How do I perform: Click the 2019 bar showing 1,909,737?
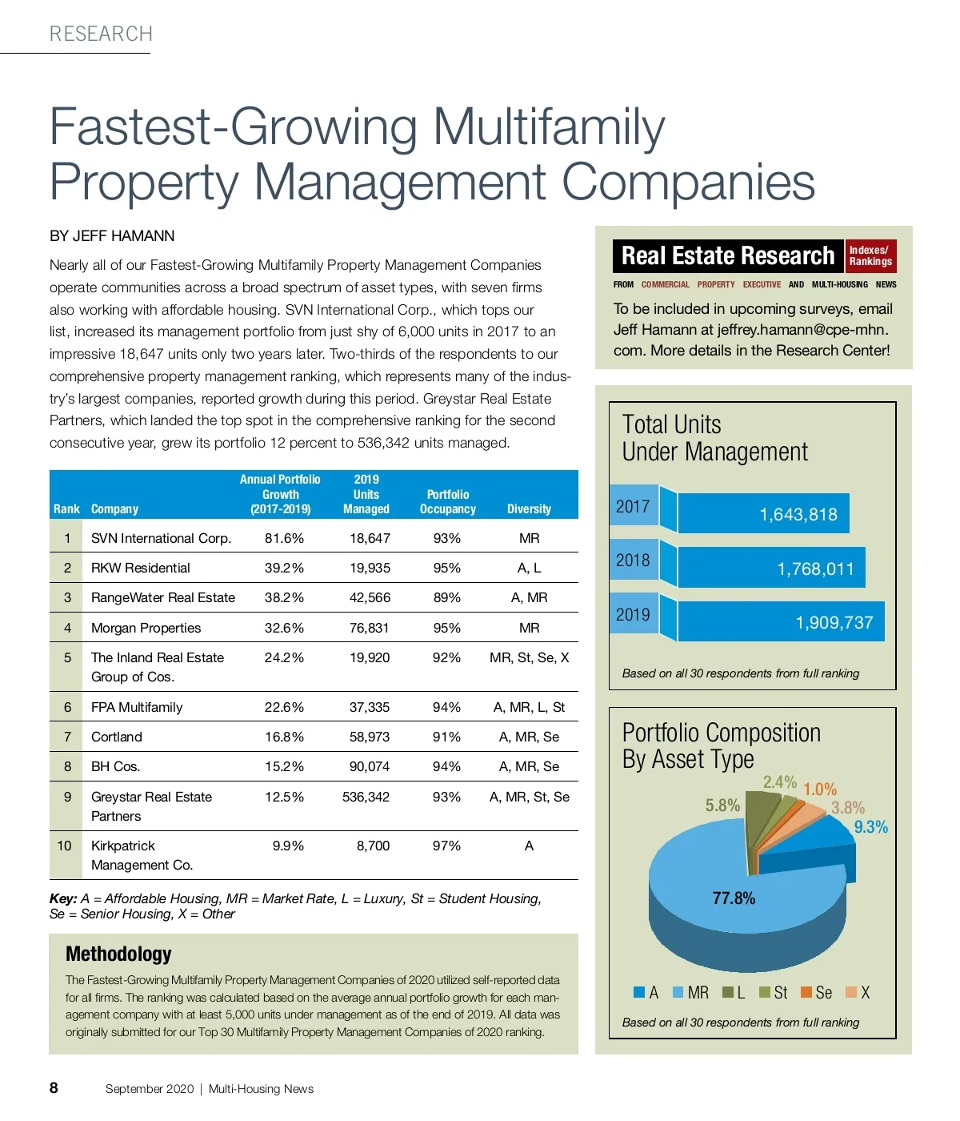(x=781, y=621)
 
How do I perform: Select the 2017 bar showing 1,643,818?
(x=763, y=513)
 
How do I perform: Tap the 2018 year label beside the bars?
(x=633, y=560)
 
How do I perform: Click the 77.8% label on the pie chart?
(x=734, y=898)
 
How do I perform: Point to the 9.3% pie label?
(x=870, y=827)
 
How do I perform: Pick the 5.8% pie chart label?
(x=722, y=806)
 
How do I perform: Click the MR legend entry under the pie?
(x=690, y=993)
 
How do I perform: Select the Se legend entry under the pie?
(x=816, y=993)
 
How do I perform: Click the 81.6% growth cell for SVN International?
(x=284, y=538)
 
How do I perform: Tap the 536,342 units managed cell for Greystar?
(x=366, y=797)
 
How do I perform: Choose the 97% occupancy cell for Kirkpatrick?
(x=446, y=846)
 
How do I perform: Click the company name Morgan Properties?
(x=146, y=628)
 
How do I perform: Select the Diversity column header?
(x=529, y=508)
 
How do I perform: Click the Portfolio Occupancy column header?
(x=447, y=501)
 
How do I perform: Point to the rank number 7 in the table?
(x=67, y=737)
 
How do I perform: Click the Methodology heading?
(x=118, y=954)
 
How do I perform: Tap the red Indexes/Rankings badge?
(x=870, y=256)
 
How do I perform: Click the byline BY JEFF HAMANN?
(x=112, y=236)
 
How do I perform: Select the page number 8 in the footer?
(x=54, y=1087)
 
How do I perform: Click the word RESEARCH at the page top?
(x=101, y=34)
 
